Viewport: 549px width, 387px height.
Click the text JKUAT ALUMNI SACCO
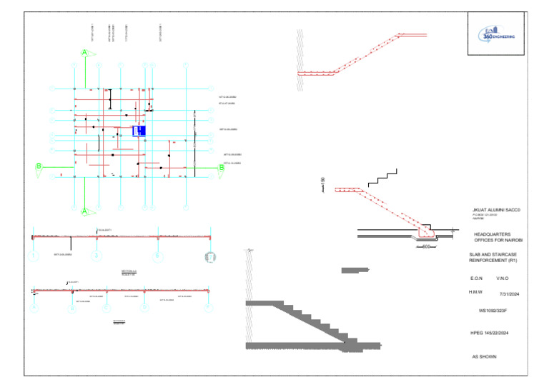493,209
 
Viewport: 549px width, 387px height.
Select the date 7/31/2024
508,293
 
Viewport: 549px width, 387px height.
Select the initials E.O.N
477,278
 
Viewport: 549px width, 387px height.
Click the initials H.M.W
476,291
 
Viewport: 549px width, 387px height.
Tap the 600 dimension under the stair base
427,247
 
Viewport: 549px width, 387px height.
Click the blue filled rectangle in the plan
139,131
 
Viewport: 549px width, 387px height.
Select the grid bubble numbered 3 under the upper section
95,256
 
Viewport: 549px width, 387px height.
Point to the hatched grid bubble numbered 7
210,256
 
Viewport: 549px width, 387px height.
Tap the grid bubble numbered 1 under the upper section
33,256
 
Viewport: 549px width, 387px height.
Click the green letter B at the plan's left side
38,166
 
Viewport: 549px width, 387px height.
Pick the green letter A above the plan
84,53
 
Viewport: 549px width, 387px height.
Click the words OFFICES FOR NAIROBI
500,240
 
